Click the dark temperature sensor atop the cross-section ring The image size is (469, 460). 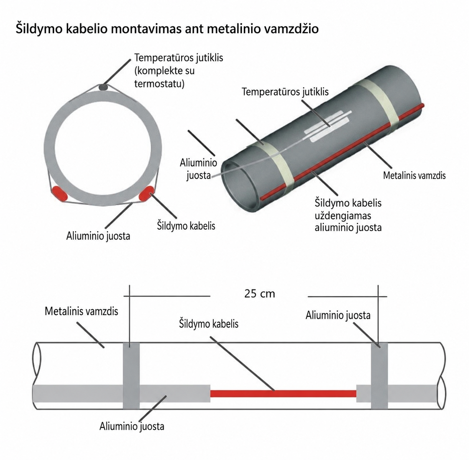[104, 87]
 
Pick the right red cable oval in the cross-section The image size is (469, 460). [146, 193]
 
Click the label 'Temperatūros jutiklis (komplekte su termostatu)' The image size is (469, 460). [179, 71]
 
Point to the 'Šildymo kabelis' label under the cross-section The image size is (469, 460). [186, 226]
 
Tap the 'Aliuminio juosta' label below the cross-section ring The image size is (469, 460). [98, 236]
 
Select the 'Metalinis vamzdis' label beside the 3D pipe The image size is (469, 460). [414, 176]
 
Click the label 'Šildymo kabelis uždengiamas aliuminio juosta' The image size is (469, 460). [348, 216]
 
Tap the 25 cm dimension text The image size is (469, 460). [259, 294]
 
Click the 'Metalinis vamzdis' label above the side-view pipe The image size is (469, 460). [81, 311]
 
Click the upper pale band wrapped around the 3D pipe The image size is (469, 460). [376, 105]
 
